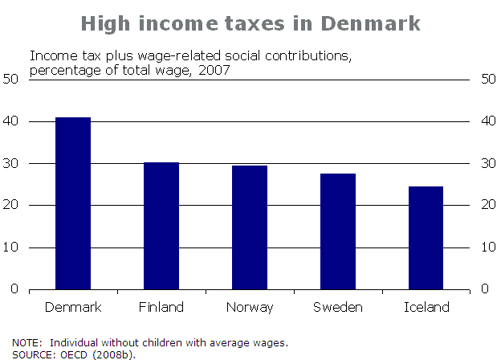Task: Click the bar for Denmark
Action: point(72,203)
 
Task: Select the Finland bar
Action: point(161,226)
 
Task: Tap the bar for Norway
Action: point(250,227)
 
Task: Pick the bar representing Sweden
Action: point(338,231)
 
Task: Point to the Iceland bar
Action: point(426,238)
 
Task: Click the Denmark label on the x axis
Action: point(72,307)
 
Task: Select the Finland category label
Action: point(161,307)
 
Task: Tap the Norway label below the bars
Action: point(250,307)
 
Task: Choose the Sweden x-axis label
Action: point(338,307)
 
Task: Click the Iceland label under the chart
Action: point(426,307)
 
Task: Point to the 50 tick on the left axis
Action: point(11,80)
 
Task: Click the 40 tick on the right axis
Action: point(487,122)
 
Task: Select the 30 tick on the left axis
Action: point(11,164)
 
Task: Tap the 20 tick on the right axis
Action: point(487,206)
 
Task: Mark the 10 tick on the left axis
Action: point(11,247)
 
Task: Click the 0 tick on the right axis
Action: point(484,289)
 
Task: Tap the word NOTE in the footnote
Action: point(26,342)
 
